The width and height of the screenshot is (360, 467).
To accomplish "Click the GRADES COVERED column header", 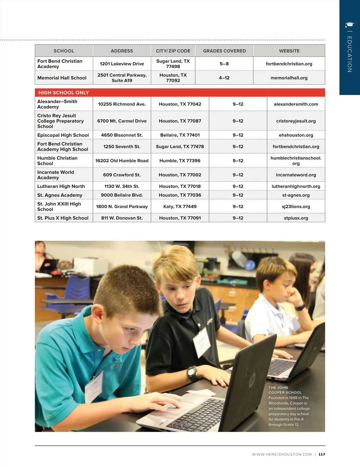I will tap(224, 51).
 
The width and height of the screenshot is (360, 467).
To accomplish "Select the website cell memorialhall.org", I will tap(289, 78).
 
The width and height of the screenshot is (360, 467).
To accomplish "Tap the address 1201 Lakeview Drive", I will tap(122, 64).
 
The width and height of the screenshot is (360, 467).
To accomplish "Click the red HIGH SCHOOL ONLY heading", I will tap(64, 93).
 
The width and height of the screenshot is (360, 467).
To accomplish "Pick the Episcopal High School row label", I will tap(63, 135).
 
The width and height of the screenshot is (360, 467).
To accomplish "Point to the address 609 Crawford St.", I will tap(122, 175).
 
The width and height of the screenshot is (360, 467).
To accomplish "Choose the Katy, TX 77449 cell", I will tap(180, 207).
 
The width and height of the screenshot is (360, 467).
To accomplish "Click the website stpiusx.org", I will tap(296, 218).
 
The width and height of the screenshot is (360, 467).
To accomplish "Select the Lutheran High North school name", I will tap(61, 186).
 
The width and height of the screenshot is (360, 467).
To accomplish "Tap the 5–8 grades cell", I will tap(224, 64).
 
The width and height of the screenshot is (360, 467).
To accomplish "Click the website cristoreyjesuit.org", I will tap(296, 121).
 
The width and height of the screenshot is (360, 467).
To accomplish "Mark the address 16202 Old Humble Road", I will tap(122, 161).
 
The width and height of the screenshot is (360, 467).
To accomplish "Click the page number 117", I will tap(322, 454).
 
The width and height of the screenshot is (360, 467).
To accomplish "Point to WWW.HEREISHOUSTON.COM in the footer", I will tap(282, 454).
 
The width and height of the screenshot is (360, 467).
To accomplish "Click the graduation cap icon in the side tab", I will tap(349, 25).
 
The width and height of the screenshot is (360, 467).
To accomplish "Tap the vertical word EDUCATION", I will tap(349, 54).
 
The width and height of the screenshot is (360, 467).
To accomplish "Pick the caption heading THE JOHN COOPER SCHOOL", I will tap(285, 390).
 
